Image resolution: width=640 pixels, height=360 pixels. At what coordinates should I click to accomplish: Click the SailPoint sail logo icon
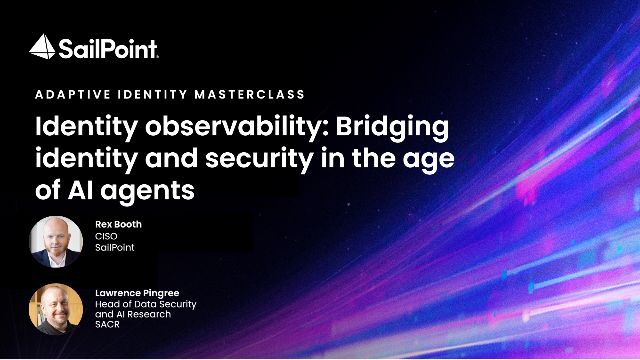point(42,47)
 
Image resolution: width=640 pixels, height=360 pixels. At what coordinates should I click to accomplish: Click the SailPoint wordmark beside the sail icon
point(108,49)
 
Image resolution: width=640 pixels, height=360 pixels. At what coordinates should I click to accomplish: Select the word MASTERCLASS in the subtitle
point(250,95)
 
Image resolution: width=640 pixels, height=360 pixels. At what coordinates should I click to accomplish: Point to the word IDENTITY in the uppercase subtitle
point(153,95)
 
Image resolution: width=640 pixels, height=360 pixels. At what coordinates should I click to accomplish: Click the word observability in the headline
point(238,127)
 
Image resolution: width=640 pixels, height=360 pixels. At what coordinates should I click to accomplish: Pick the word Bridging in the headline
point(392,128)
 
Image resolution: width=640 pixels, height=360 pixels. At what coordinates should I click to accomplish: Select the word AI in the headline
point(81,190)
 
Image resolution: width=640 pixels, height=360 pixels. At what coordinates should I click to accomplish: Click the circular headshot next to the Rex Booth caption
point(56,242)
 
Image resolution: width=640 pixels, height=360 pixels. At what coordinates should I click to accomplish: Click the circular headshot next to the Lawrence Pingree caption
point(56,309)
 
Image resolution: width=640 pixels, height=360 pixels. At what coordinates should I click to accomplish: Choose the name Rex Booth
point(118,224)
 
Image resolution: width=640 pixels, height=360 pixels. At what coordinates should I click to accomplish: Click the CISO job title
point(106,236)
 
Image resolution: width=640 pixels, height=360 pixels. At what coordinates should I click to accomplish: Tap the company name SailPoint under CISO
point(115,247)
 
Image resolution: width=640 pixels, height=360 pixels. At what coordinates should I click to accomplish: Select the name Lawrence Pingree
point(137,293)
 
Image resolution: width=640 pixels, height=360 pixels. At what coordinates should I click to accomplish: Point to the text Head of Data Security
point(146,304)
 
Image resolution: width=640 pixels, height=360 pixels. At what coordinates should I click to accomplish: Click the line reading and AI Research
point(133,314)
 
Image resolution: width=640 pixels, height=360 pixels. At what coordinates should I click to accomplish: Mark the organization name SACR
point(107,324)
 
